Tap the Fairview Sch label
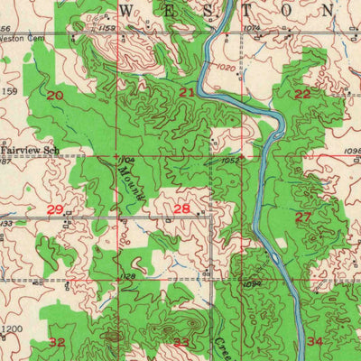point(28,142)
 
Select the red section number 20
point(56,95)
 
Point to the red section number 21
point(187,93)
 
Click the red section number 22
point(302,94)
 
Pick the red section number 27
point(303,217)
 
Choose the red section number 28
point(181,209)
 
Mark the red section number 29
point(55,209)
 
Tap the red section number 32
point(57,342)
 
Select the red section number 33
point(182,342)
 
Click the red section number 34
point(314,342)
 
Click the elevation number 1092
point(250,283)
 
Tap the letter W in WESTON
point(126,9)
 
